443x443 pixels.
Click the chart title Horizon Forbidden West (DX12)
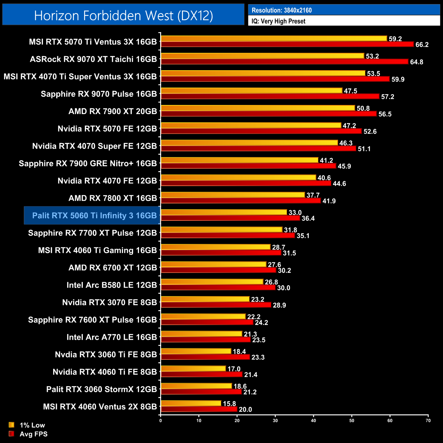(123, 15)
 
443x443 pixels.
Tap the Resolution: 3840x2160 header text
(281, 10)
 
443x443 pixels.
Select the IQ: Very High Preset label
(278, 21)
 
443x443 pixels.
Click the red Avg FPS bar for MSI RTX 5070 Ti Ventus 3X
(287, 44)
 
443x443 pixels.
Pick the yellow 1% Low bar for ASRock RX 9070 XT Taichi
(262, 56)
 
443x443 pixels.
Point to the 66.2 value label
(422, 45)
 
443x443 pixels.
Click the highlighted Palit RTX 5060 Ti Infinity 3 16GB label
(94, 215)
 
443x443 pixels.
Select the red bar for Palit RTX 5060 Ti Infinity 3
(230, 218)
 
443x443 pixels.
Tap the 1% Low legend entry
(32, 425)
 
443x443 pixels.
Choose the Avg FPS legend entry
(33, 434)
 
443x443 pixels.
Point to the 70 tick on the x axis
(428, 421)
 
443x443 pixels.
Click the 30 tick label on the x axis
(275, 421)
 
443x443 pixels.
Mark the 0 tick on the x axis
(161, 421)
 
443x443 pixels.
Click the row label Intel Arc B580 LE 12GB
(112, 285)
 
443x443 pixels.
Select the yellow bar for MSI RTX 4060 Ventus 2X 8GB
(191, 403)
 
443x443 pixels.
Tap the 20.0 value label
(245, 409)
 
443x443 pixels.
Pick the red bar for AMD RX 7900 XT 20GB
(269, 114)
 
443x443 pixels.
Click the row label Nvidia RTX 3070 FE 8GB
(109, 302)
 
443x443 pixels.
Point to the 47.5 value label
(350, 91)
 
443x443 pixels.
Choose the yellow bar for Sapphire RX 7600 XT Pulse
(203, 317)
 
